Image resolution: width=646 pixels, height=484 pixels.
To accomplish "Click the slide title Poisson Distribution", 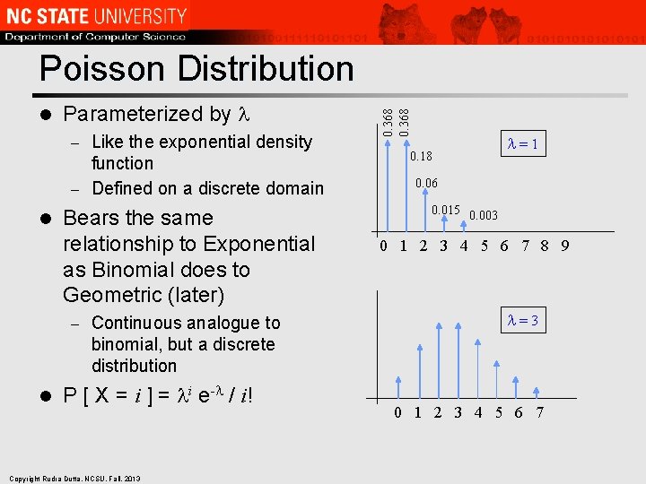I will point(196,68).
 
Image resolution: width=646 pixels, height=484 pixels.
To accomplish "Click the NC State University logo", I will point(97,15).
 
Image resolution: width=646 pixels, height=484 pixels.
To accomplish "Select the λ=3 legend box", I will point(522,321).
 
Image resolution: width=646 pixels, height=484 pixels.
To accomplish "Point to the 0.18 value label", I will point(421,157).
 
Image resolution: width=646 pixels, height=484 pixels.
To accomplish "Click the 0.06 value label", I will point(426,184).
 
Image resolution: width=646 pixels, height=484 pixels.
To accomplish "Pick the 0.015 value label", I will point(446,211).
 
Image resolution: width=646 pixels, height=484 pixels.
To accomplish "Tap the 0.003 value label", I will point(484,216).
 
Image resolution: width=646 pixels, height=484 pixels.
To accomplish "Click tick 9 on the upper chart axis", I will point(564,246).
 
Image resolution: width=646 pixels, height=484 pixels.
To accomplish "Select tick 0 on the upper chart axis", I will point(383,246).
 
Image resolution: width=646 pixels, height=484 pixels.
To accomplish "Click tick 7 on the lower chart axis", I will point(538,412).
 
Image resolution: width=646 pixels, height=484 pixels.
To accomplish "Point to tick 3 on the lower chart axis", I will point(458,412).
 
